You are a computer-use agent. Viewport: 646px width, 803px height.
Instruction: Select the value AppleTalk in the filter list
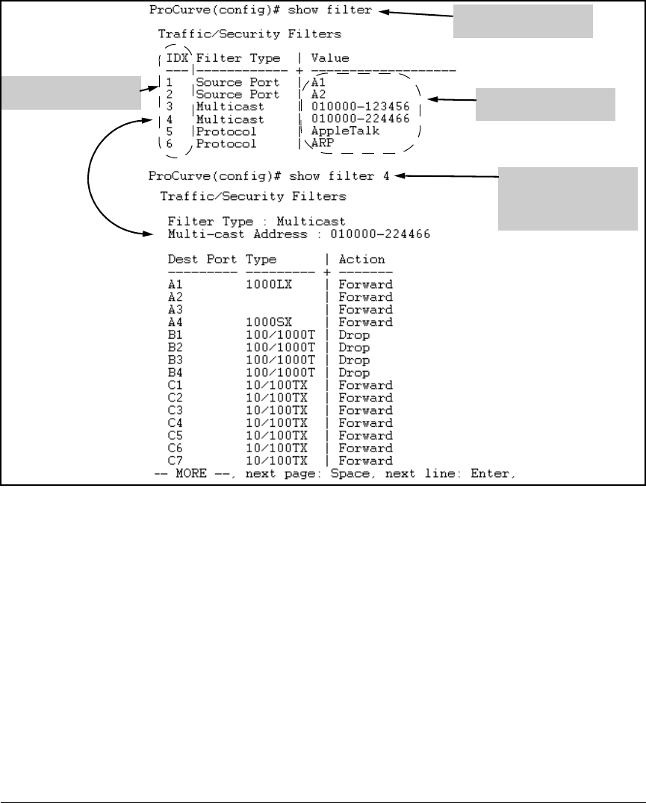(345, 131)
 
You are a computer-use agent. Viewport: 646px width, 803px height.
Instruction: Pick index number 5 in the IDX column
(170, 131)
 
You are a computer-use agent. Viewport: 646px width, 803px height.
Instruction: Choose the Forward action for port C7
(365, 460)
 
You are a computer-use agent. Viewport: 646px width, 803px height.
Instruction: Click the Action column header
(361, 260)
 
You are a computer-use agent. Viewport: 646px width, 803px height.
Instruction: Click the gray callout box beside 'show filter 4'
(567, 199)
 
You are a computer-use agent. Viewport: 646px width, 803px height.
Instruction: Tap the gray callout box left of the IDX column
(70, 92)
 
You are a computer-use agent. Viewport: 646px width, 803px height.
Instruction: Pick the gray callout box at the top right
(523, 21)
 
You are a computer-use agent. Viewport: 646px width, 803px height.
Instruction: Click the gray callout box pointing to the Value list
(546, 104)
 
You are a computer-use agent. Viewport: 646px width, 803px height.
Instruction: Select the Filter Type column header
(237, 57)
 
